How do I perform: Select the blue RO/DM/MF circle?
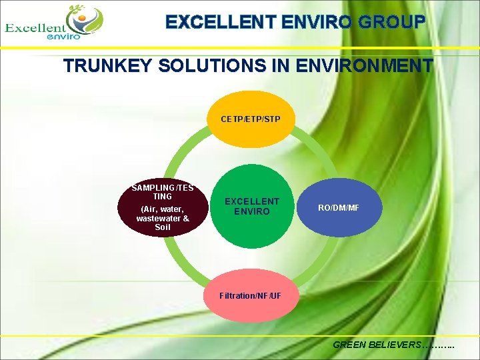[338, 208]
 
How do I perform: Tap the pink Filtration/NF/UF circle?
[250, 295]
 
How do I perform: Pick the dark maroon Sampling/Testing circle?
[163, 208]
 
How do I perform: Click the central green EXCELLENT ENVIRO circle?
[251, 207]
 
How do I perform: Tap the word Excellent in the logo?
[35, 28]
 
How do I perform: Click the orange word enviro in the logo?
[64, 37]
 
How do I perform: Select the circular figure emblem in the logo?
[85, 20]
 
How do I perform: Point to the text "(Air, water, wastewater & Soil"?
[163, 218]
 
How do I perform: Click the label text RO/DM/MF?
[338, 208]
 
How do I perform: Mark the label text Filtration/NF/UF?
[250, 295]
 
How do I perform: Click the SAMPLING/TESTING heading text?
[163, 192]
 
